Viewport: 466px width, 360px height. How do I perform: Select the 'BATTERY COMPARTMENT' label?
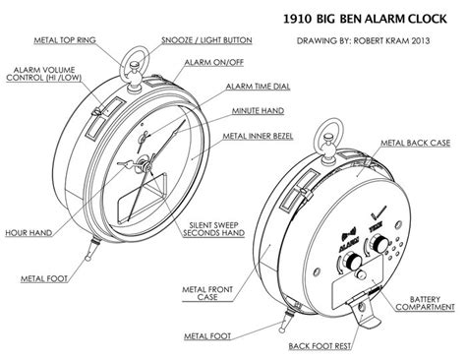pos(422,302)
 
